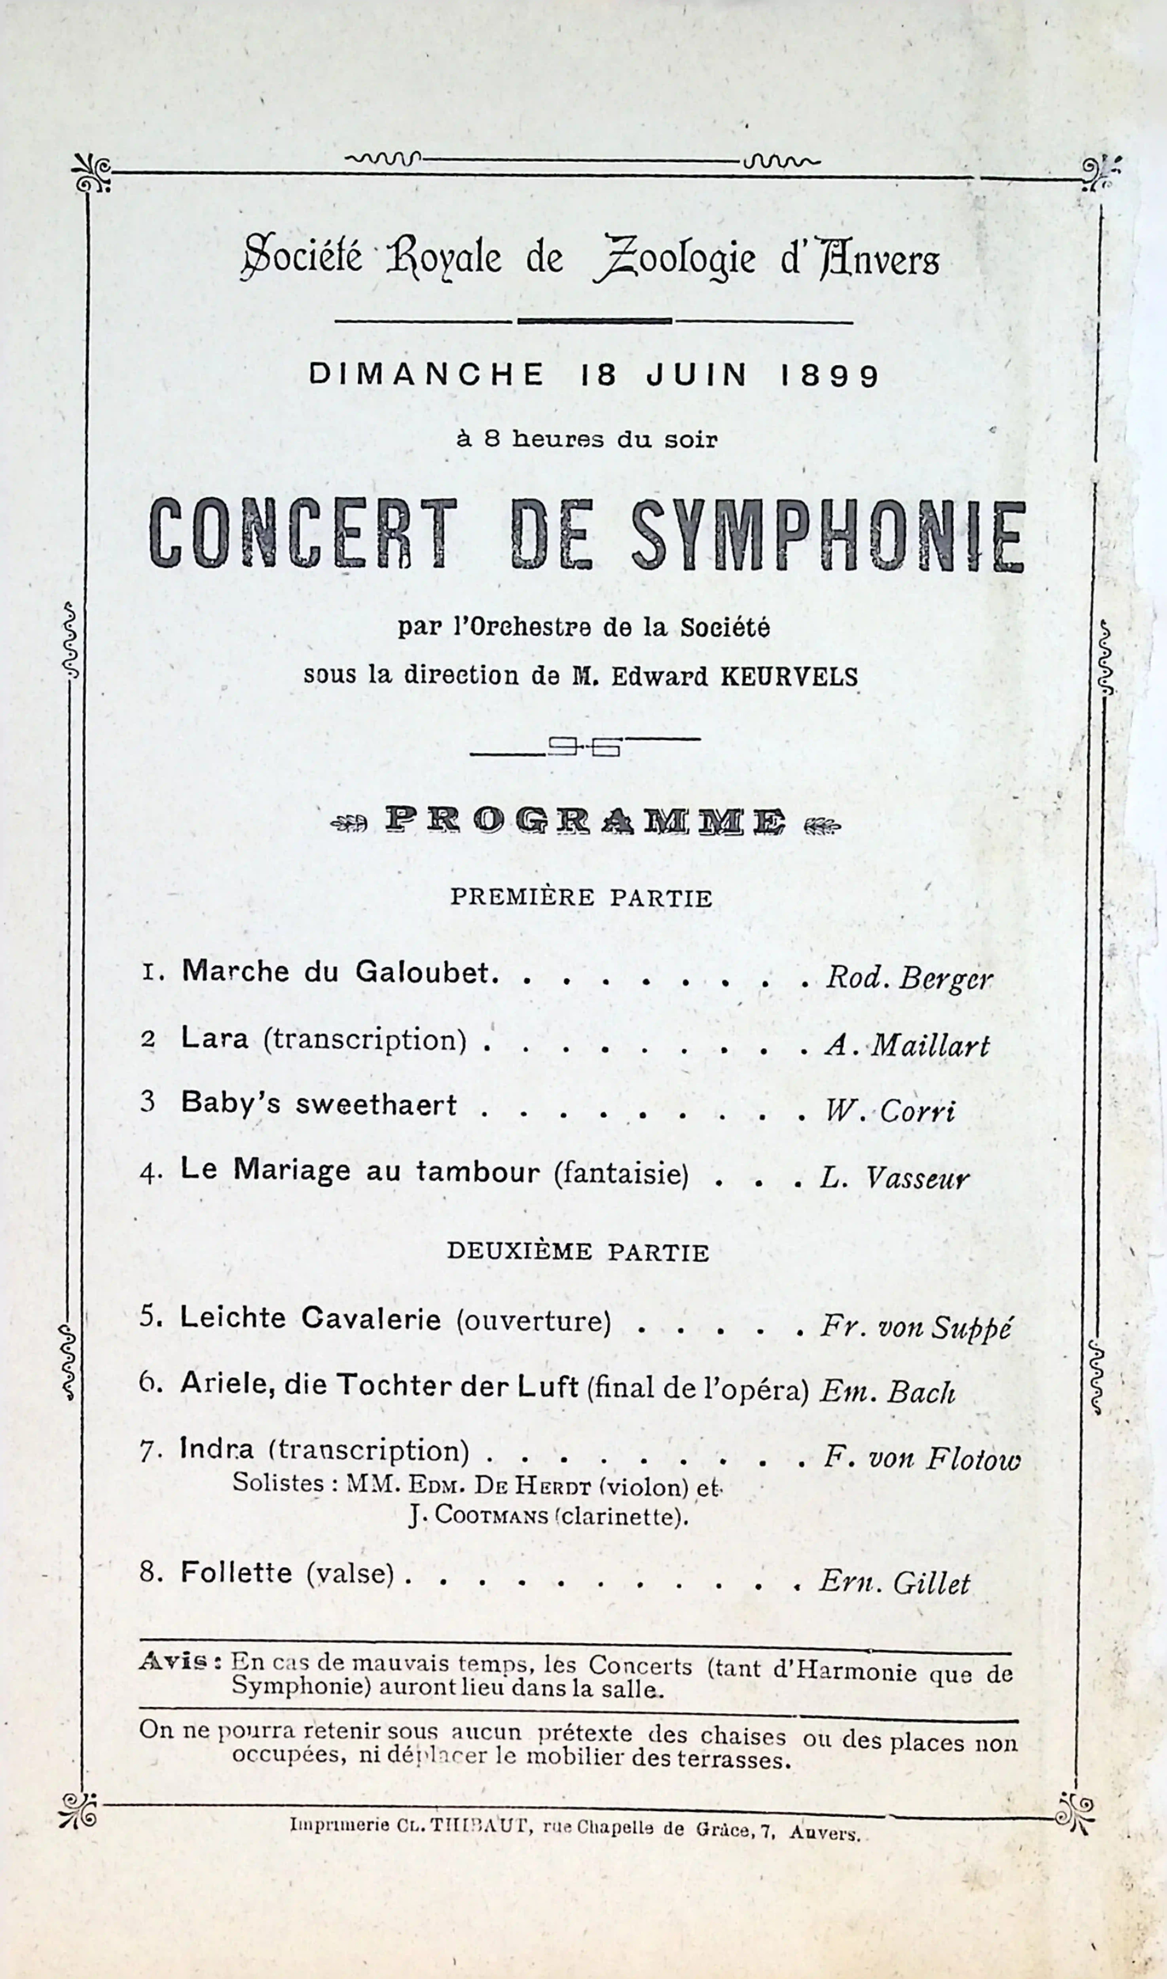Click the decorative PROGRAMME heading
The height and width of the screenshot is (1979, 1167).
click(x=585, y=821)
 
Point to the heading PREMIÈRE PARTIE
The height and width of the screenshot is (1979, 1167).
click(x=581, y=897)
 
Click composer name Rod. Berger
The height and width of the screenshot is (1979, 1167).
click(x=908, y=978)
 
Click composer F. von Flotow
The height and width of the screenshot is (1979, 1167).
click(x=922, y=1459)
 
